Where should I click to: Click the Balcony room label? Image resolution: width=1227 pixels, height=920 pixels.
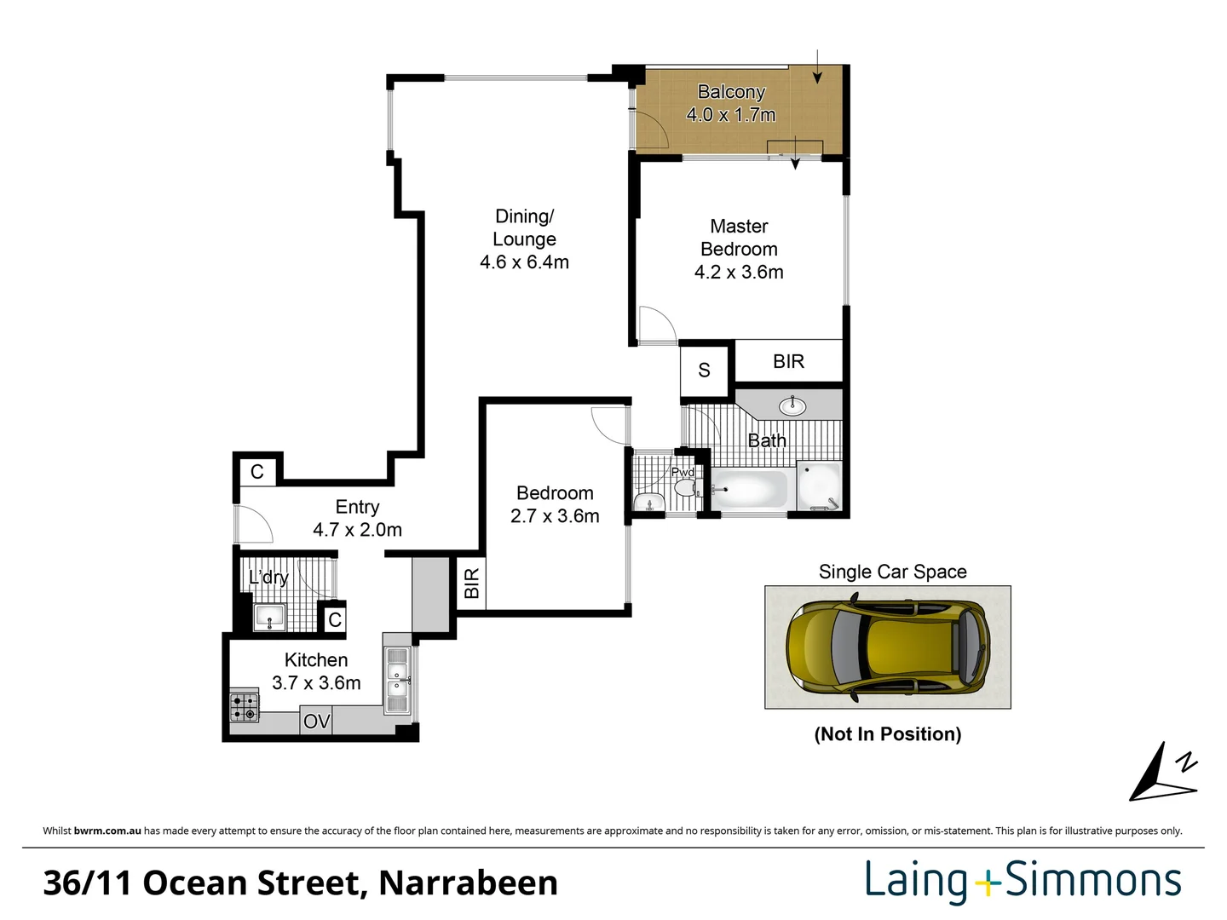[731, 92]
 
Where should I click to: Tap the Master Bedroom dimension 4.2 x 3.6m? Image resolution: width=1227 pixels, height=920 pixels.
[739, 273]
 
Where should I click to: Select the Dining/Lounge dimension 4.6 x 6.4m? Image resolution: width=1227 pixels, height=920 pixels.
[524, 262]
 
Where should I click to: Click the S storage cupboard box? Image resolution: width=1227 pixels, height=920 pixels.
[705, 371]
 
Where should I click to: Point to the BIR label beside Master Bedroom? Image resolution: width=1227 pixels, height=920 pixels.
[788, 362]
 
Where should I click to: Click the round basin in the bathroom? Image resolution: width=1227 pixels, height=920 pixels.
[792, 405]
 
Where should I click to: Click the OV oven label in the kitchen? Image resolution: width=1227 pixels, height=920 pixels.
[316, 722]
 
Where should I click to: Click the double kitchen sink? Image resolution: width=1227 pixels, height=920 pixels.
[397, 680]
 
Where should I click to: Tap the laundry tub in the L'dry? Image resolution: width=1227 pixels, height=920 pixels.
[270, 617]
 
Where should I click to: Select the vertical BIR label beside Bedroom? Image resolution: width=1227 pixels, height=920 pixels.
[471, 584]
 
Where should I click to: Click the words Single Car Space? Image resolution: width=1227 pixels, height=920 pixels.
[892, 572]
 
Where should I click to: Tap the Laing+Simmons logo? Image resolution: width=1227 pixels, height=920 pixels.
[1023, 882]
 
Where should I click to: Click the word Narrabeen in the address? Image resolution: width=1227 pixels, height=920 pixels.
[468, 883]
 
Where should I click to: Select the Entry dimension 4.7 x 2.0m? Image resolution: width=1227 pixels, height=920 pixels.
[357, 530]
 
